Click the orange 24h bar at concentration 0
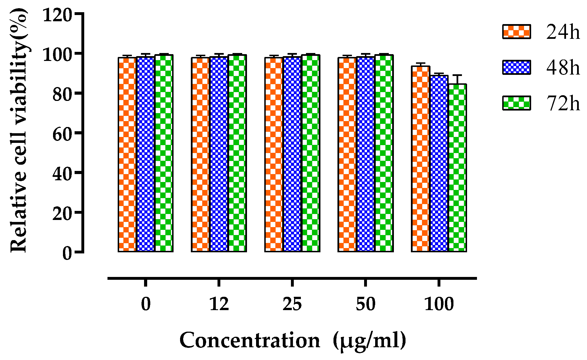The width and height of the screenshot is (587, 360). [127, 154]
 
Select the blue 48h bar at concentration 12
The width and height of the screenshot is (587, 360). [219, 154]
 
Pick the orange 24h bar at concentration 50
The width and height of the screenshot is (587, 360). [347, 154]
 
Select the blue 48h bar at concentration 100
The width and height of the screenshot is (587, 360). [439, 164]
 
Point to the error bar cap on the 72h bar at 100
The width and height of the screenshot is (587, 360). [457, 75]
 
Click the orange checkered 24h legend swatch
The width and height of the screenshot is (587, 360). [516, 31]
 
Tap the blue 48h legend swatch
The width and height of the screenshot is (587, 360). [516, 67]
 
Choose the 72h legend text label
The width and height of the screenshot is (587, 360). [563, 103]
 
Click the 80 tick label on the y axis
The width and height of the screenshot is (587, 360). [61, 94]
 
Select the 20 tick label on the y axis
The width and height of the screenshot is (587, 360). [61, 213]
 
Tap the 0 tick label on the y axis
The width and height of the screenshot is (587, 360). [67, 253]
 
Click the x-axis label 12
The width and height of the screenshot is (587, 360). [219, 304]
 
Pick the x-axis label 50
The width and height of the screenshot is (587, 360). [366, 304]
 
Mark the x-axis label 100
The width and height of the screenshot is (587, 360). [439, 304]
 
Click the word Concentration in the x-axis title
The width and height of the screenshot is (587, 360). [250, 340]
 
